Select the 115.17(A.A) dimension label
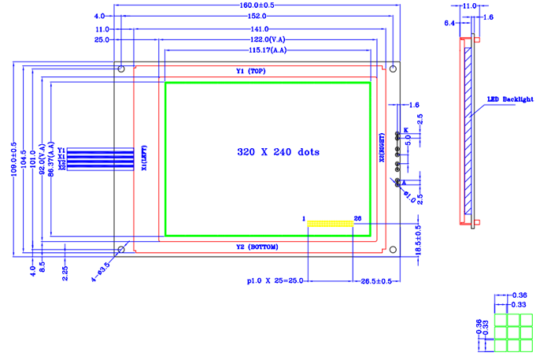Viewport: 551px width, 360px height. [267, 50]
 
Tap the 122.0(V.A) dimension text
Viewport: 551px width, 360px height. [268, 39]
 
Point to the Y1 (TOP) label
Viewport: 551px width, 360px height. [253, 71]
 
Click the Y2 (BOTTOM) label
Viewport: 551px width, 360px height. [257, 247]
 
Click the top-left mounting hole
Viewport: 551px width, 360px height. [121, 70]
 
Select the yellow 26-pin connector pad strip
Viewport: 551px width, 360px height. [330, 225]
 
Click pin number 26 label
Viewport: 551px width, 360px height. [358, 217]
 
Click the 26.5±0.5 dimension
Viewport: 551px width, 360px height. [379, 280]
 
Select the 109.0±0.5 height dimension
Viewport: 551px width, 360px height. [14, 159]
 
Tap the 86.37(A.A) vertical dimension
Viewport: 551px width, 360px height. [51, 159]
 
